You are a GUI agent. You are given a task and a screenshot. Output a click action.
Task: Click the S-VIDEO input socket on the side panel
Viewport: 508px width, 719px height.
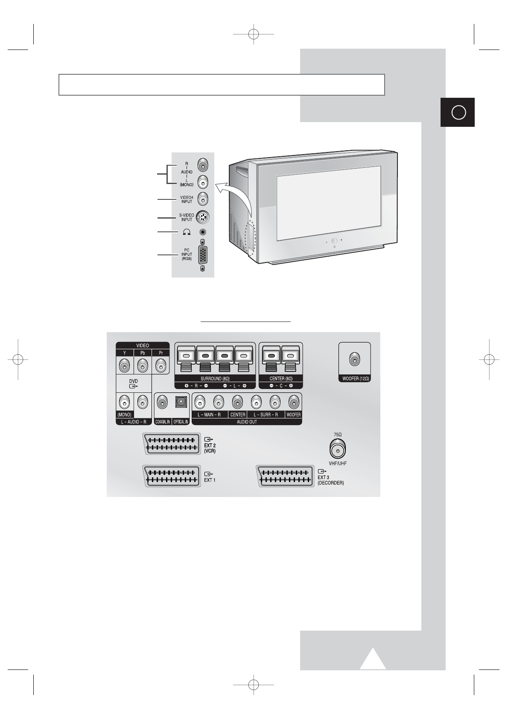(x=203, y=217)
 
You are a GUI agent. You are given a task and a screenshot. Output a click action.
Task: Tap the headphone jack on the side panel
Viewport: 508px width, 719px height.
(x=203, y=232)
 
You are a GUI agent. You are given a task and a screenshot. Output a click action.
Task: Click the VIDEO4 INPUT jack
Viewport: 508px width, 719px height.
(x=203, y=199)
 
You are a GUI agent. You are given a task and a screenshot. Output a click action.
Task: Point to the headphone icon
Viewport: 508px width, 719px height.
(x=187, y=232)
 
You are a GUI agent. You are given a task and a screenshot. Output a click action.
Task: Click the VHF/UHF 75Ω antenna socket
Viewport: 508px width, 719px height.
(x=337, y=449)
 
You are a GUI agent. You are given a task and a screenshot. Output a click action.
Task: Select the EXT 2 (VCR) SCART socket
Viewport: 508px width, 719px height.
(x=172, y=444)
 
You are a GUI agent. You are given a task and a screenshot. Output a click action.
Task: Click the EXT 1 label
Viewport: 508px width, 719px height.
(x=210, y=479)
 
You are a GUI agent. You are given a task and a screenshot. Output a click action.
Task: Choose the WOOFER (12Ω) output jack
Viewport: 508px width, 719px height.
(x=354, y=360)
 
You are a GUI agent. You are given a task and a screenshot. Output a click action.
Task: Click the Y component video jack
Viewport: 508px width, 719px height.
(x=124, y=366)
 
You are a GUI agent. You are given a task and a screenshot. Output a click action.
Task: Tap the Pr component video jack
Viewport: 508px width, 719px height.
(x=161, y=366)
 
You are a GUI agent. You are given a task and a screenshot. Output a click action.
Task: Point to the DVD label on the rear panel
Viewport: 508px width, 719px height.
(x=134, y=381)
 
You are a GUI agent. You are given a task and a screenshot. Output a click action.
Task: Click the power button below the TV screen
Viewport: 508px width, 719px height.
(x=334, y=241)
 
